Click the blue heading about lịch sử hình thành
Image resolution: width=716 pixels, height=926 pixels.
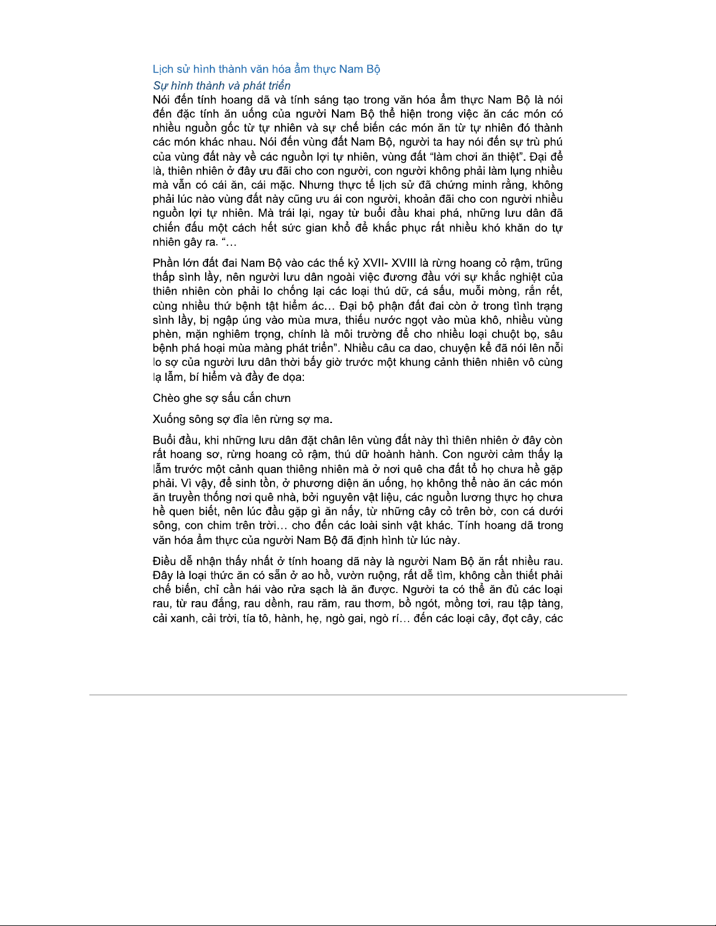(266, 69)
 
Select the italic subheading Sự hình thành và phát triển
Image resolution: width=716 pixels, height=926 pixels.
(222, 86)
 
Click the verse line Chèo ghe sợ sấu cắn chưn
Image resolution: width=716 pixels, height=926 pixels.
(222, 398)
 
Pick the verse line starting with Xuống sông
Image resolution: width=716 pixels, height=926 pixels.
(243, 419)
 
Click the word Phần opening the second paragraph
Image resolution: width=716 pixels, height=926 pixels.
(166, 263)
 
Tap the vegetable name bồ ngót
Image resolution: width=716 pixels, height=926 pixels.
(418, 604)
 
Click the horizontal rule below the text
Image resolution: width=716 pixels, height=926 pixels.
(358, 695)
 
